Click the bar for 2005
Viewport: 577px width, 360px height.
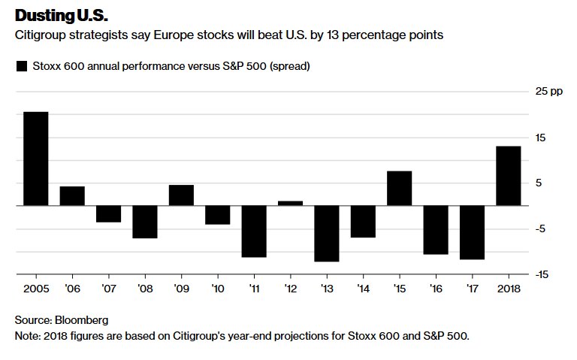pyautogui.click(x=36, y=159)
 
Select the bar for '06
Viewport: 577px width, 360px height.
pyautogui.click(x=72, y=195)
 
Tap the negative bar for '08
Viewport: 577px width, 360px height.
pyautogui.click(x=145, y=222)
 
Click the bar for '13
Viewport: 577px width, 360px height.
pyautogui.click(x=327, y=233)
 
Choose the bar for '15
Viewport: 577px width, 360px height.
pyautogui.click(x=400, y=188)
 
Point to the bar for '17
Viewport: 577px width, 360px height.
pyautogui.click(x=472, y=232)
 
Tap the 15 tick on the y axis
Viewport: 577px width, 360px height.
pyautogui.click(x=540, y=138)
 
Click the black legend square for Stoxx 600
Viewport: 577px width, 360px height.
pyautogui.click(x=21, y=66)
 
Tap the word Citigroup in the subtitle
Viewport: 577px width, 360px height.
pyautogui.click(x=43, y=36)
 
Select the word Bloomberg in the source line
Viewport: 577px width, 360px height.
pyautogui.click(x=81, y=319)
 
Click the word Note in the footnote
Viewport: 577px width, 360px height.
pyautogui.click(x=27, y=336)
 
